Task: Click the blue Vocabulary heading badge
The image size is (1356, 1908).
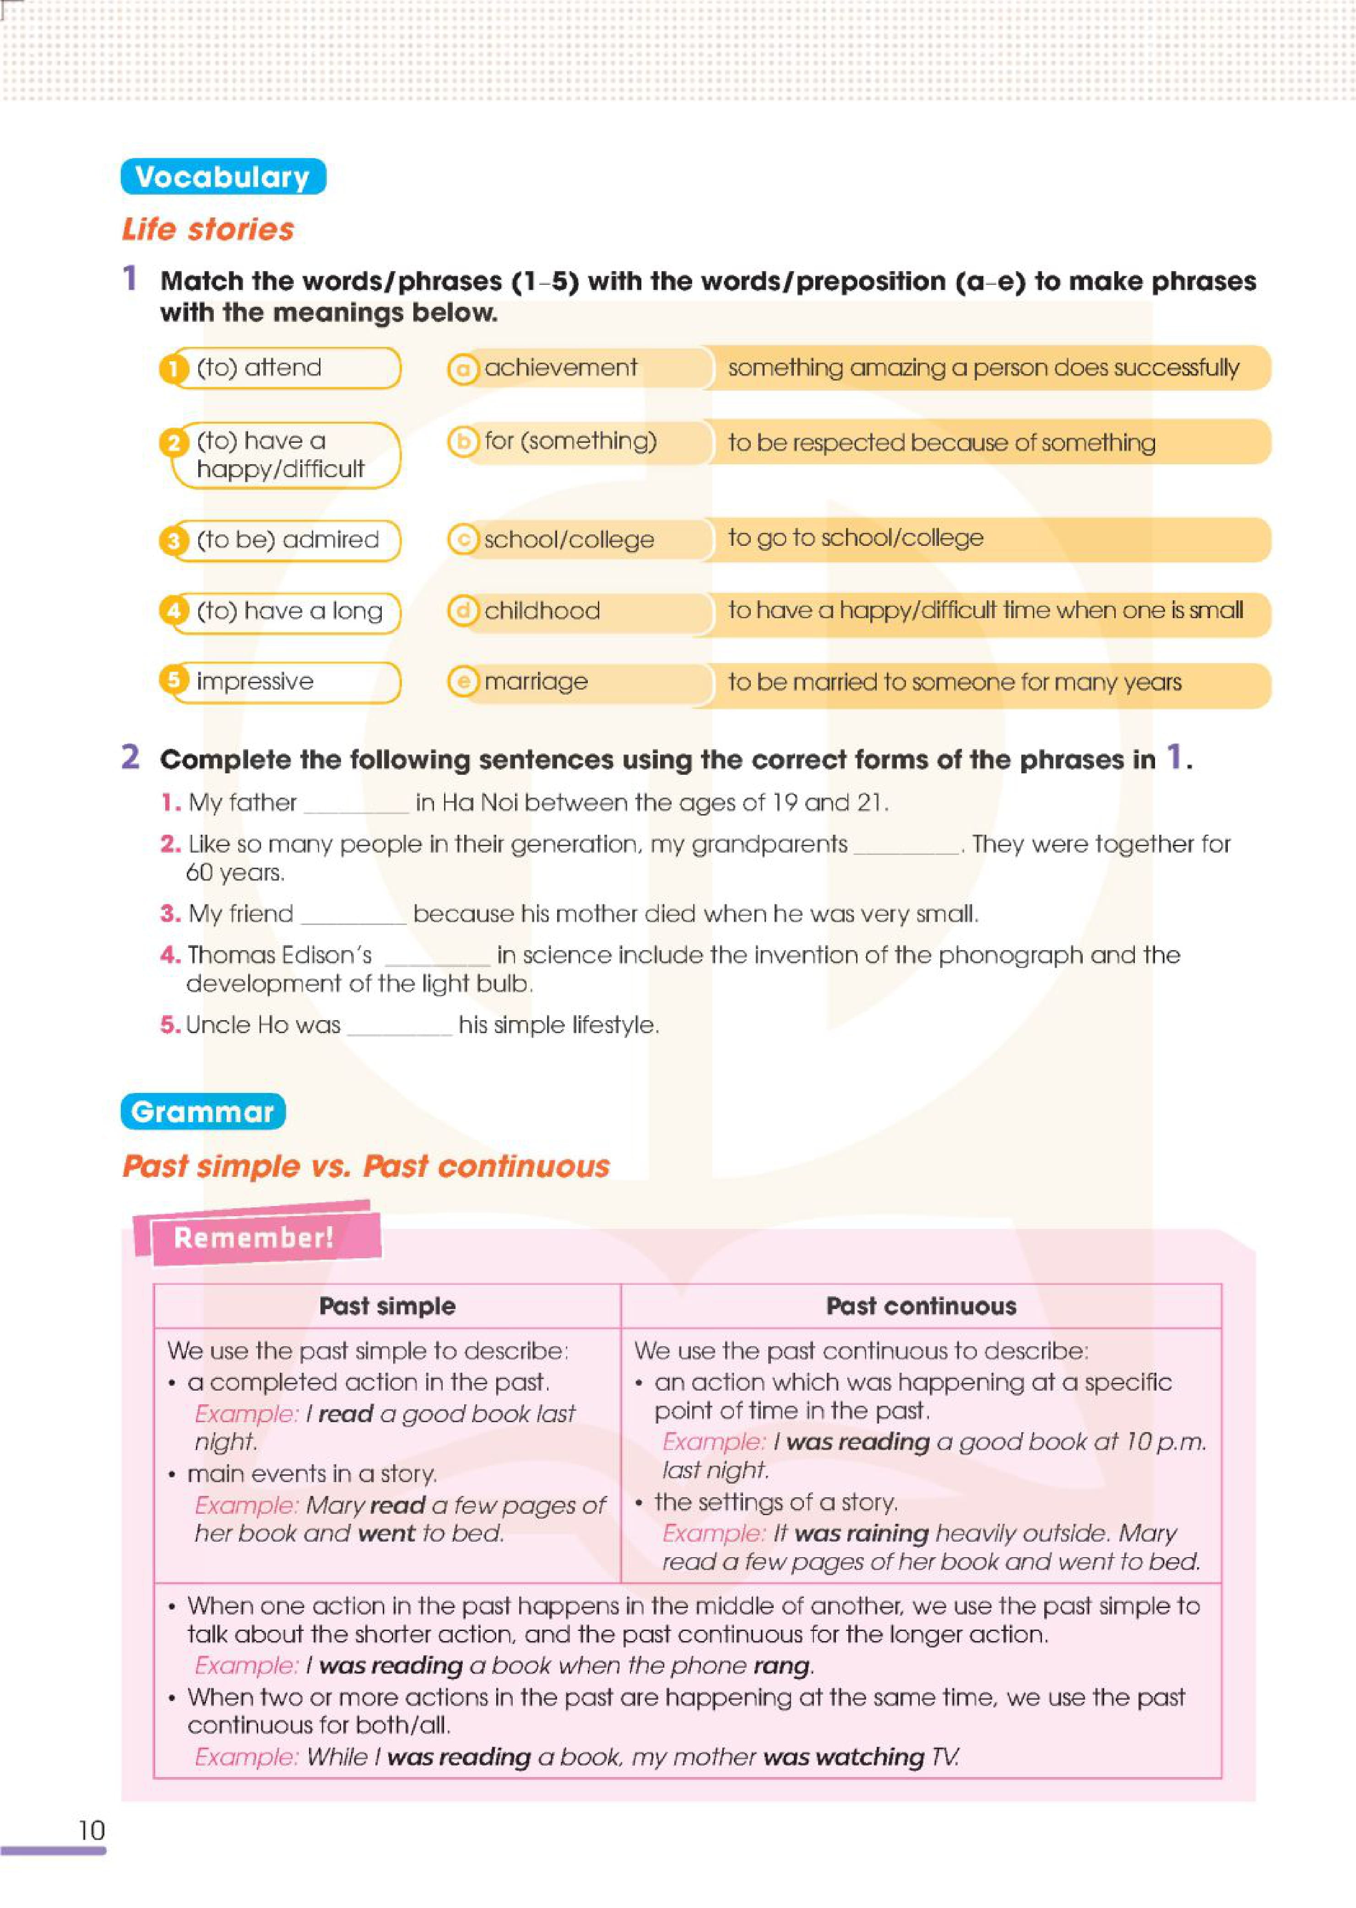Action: (223, 177)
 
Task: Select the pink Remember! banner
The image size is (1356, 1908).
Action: (254, 1237)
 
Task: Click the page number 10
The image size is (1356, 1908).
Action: (91, 1830)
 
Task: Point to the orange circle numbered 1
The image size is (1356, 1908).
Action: (173, 368)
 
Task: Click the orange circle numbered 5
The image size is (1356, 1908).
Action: (173, 680)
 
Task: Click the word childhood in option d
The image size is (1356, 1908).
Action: (542, 610)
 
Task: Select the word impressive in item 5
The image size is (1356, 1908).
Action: (255, 681)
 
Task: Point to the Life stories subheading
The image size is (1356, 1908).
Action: (208, 229)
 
